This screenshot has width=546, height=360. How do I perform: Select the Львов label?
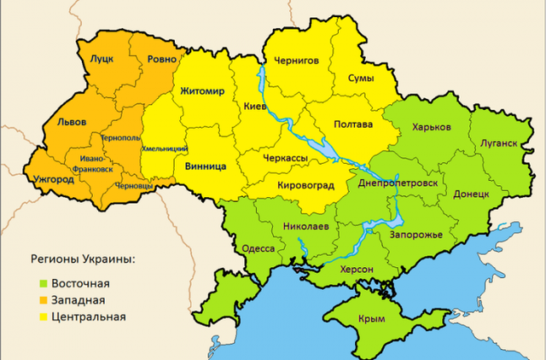point(71,121)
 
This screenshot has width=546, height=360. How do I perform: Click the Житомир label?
point(202,90)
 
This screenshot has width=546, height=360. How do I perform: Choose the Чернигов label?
point(296,61)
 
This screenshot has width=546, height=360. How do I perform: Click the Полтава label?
point(353,125)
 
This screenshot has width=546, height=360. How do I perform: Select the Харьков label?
point(431,127)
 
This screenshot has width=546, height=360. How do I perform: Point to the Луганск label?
point(498,142)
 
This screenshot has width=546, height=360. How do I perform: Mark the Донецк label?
point(472,194)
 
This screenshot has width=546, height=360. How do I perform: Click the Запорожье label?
point(415,235)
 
